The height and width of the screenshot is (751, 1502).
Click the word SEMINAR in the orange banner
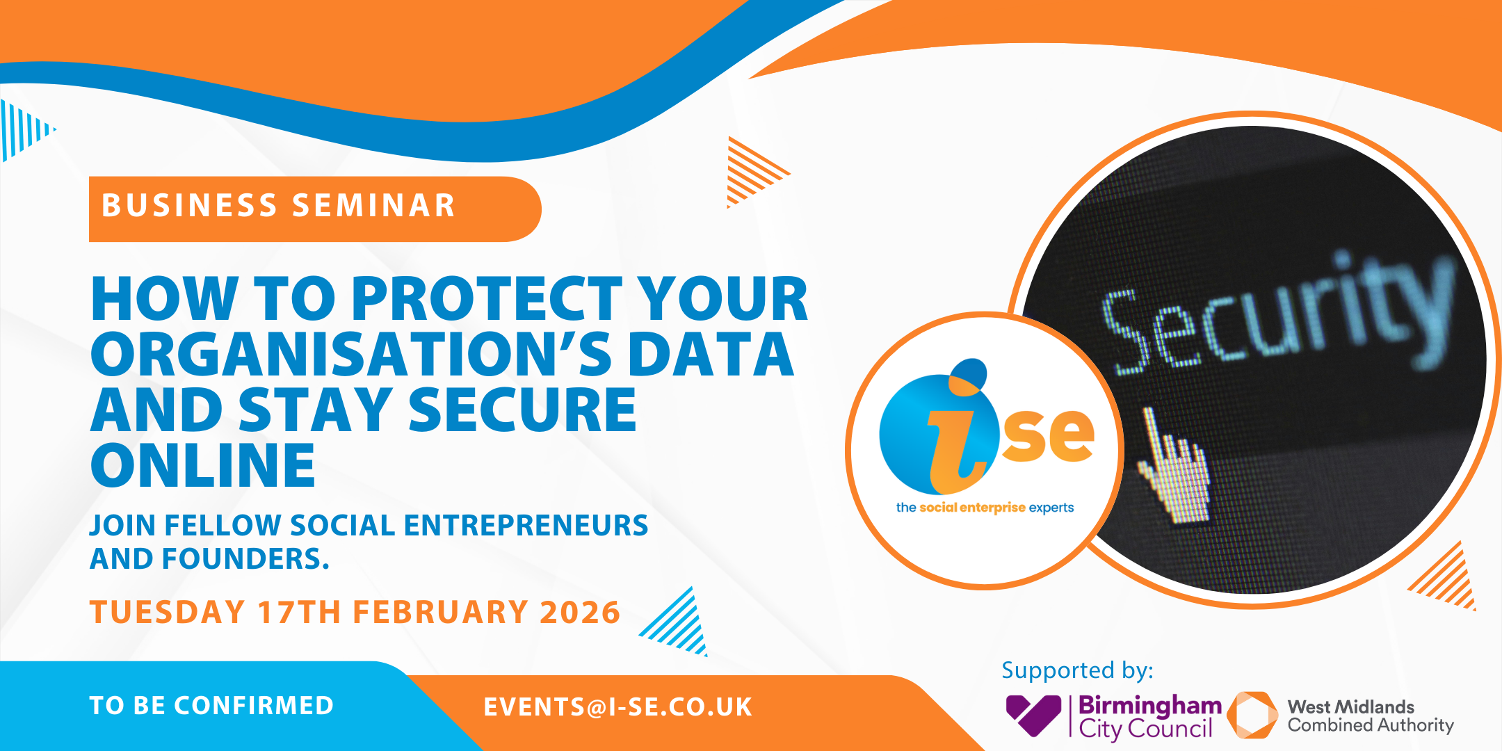point(373,206)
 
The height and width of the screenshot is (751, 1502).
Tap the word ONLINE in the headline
point(203,465)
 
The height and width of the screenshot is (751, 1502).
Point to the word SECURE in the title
point(522,410)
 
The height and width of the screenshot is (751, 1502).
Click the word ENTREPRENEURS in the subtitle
point(526,526)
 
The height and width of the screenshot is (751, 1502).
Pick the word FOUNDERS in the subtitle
point(245,559)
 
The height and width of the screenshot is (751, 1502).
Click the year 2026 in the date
point(580,613)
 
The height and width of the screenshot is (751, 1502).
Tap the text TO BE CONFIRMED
point(212,706)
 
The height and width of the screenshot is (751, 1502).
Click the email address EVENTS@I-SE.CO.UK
point(618,707)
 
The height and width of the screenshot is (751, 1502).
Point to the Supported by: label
point(1077,671)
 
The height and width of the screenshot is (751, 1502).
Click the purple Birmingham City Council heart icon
point(1033,714)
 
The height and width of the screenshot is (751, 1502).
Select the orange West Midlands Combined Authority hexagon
point(1252,715)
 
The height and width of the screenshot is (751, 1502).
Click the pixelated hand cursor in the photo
point(1174,466)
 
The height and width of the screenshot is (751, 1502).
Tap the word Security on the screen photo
point(1279,313)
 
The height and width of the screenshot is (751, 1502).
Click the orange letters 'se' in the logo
point(1048,435)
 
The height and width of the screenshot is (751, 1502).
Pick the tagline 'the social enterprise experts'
point(985,508)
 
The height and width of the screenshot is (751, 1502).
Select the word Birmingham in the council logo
point(1150,706)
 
